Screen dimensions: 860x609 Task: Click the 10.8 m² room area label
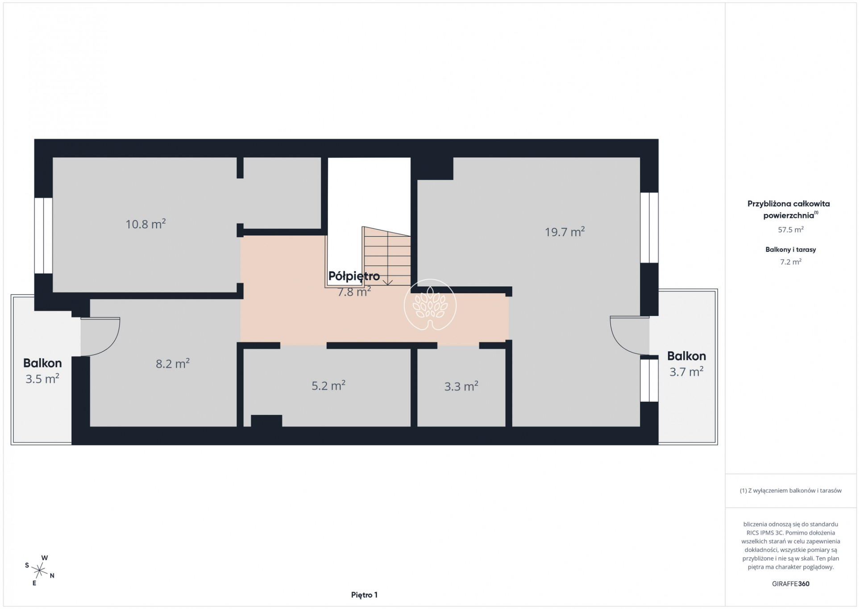[145, 223]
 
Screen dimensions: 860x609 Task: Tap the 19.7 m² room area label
[565, 231]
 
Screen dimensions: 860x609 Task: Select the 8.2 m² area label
[173, 363]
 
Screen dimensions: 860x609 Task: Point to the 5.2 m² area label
[328, 385]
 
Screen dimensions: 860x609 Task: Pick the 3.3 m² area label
[461, 386]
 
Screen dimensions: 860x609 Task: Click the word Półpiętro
[354, 276]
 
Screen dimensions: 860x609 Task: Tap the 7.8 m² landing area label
[354, 292]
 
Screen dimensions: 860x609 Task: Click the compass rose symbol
[40, 570]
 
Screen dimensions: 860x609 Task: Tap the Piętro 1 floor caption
[364, 595]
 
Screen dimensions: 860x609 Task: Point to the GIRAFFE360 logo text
[790, 584]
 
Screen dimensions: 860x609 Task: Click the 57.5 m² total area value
[791, 229]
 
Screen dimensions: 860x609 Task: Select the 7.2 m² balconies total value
[791, 262]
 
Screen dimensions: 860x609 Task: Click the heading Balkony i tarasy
[790, 250]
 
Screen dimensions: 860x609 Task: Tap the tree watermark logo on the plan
[430, 305]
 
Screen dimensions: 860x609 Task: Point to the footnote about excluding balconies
[790, 490]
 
